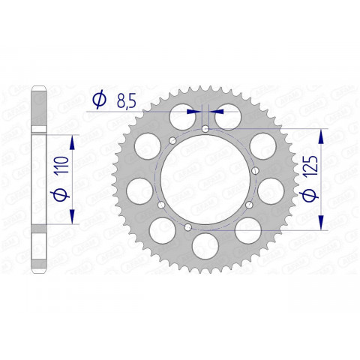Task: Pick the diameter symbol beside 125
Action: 308,196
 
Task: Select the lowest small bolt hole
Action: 187,225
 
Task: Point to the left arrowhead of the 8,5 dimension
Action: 198,110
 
